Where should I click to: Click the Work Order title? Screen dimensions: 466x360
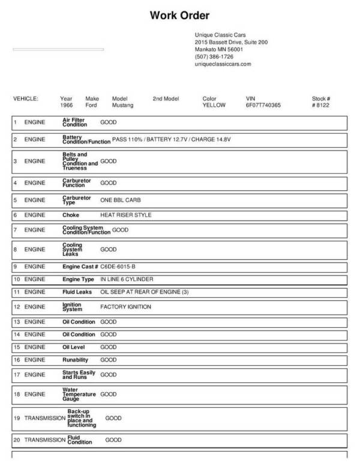click(179, 16)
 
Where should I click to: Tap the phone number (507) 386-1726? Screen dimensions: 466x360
click(214, 56)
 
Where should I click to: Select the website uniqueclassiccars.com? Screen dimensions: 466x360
click(223, 64)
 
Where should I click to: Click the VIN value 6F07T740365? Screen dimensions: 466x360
click(263, 105)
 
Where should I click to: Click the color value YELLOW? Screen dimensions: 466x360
click(214, 105)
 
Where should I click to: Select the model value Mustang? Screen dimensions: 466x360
click(123, 105)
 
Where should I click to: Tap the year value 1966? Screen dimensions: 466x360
click(67, 105)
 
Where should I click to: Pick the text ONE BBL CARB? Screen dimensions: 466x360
click(121, 199)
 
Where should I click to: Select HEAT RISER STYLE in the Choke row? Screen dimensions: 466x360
click(126, 214)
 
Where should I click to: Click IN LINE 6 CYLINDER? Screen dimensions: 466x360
click(127, 279)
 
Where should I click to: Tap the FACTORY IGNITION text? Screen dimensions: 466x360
click(125, 307)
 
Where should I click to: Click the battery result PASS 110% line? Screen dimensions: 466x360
click(171, 139)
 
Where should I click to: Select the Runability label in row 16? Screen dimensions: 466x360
click(76, 360)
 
